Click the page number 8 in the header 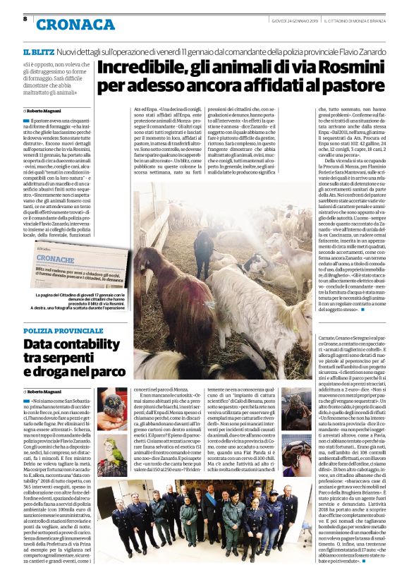coord(25,19)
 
